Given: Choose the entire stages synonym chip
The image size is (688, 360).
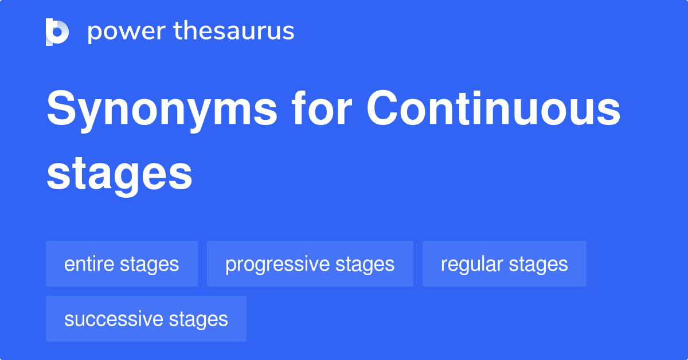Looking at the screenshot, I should point(122,264).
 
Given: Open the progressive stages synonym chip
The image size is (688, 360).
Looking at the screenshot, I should point(310,264).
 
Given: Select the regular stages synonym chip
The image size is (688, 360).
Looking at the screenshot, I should point(504,264).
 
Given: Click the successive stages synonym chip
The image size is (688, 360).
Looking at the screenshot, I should point(146,319).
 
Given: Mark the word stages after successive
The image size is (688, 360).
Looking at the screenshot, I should point(198,319).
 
